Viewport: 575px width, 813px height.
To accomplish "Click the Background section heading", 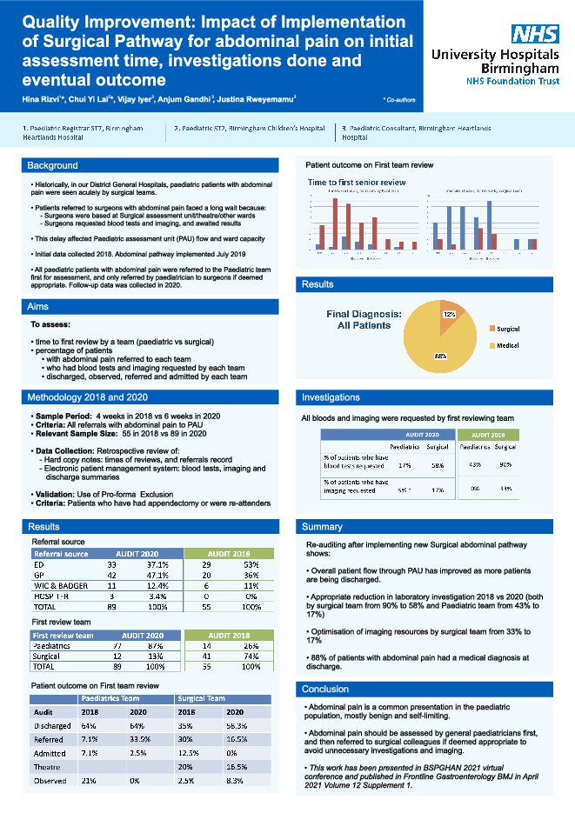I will [x=52, y=165].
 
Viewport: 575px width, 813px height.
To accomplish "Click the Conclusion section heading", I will [x=324, y=689].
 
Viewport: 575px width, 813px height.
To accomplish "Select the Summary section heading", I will [x=322, y=527].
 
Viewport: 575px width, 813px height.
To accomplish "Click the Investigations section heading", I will [x=331, y=397].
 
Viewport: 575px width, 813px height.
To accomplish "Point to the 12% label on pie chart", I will [x=450, y=314].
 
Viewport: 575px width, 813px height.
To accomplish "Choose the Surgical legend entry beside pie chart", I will [x=507, y=329].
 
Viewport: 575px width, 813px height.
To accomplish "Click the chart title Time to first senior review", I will [x=357, y=182].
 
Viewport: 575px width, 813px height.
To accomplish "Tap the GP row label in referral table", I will [x=39, y=575].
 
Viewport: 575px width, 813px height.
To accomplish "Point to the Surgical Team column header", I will [x=202, y=697].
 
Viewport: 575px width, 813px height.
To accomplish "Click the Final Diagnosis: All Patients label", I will [x=364, y=320].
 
